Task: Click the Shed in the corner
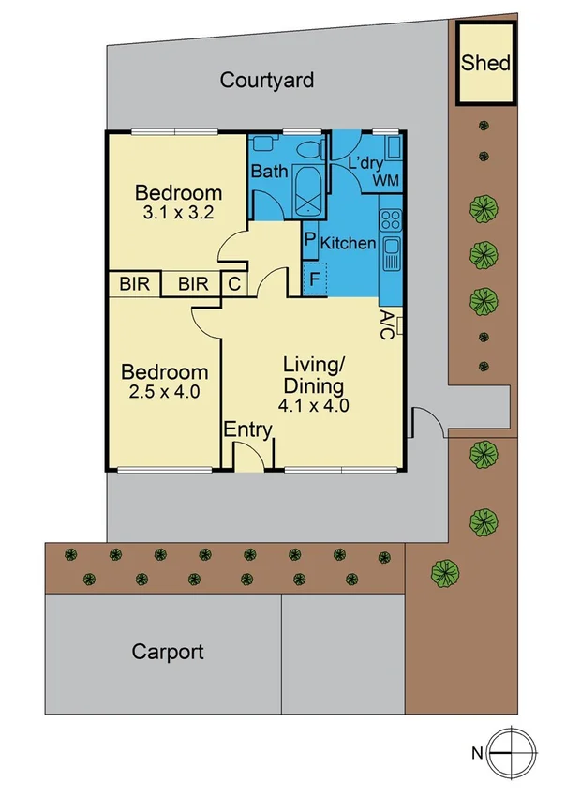click(485, 64)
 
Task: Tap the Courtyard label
click(267, 80)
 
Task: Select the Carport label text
click(168, 652)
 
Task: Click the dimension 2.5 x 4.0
click(161, 392)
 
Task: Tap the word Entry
click(248, 431)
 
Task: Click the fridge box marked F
click(314, 279)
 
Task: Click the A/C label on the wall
click(387, 325)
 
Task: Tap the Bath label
click(269, 173)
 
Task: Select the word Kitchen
click(349, 244)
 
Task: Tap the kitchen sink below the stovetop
click(391, 251)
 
